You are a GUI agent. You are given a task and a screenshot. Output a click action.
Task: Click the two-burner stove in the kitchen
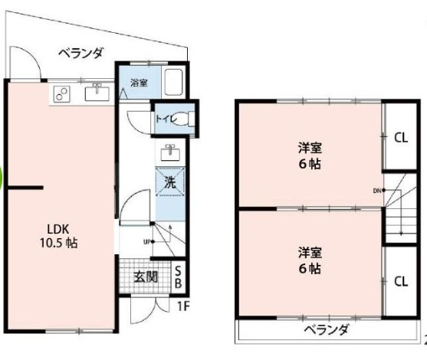62,94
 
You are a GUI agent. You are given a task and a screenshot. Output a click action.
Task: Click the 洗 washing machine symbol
169,182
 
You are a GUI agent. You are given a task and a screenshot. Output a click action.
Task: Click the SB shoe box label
178,277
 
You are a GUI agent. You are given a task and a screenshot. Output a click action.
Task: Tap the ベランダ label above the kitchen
81,53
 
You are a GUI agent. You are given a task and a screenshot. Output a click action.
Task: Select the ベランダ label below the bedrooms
325,330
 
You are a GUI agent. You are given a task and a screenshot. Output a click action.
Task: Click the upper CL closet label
400,138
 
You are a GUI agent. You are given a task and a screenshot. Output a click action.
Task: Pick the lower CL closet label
400,280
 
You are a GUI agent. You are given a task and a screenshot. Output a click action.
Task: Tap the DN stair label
378,190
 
